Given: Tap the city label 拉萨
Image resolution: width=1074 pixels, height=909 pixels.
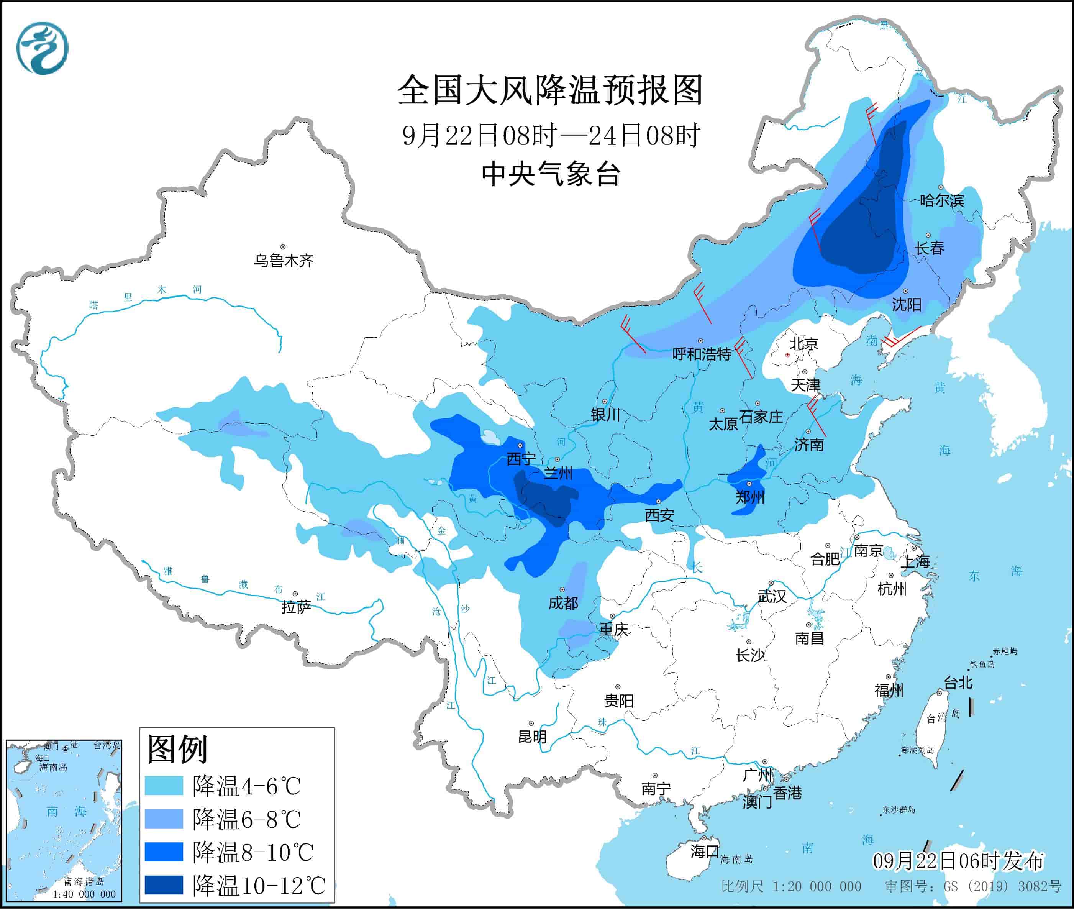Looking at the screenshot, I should point(296,607).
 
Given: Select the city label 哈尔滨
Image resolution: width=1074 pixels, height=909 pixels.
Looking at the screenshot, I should point(941,200).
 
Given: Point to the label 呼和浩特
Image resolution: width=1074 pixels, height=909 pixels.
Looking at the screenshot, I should point(702,354).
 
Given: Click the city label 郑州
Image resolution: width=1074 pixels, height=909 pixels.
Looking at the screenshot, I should point(749,497).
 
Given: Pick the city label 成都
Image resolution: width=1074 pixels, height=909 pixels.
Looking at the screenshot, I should point(563,603).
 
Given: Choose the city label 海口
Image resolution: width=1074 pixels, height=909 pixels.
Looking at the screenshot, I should point(704,851).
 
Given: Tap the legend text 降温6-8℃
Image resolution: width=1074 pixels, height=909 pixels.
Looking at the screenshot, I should point(246,819).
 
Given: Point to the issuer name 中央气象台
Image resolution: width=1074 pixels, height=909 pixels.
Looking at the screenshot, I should point(550,174).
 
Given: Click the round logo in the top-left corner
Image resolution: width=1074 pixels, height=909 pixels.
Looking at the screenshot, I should point(42,48).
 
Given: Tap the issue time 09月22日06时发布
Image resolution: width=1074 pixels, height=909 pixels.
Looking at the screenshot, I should point(958,861).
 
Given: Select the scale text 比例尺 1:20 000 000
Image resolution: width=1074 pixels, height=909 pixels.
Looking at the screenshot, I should point(791,886).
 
